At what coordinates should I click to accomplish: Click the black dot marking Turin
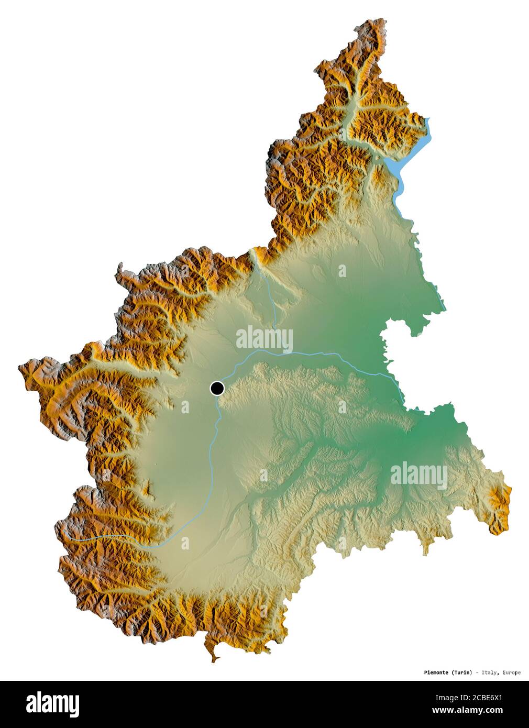(x=217, y=388)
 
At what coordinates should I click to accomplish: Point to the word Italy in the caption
(x=491, y=672)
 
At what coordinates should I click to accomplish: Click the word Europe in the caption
(x=512, y=672)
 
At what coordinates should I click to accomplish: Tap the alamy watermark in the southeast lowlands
(x=418, y=476)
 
